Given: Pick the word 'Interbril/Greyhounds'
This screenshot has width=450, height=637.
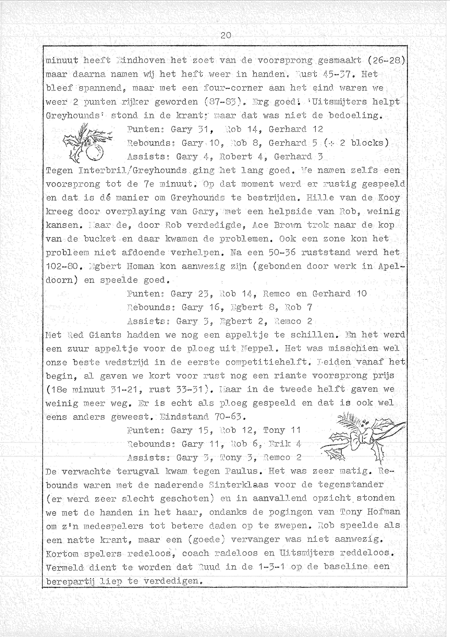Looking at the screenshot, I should [x=133, y=170].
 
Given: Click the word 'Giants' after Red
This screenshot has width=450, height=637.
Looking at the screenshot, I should [x=105, y=335].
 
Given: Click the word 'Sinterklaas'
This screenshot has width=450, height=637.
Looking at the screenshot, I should [x=238, y=485].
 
